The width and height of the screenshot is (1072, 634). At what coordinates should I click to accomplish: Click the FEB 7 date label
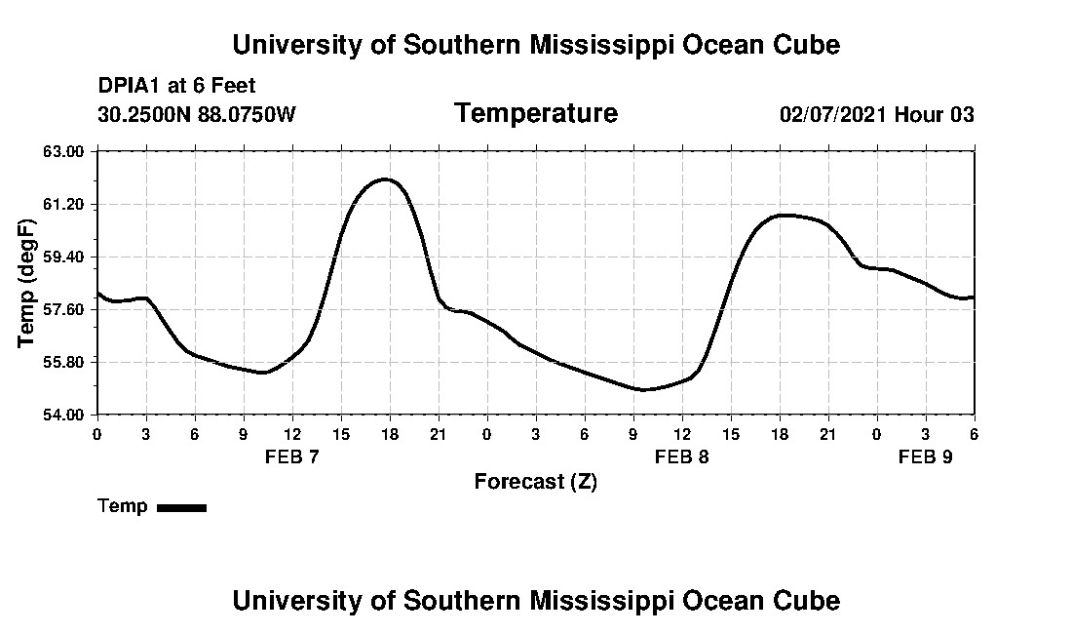point(292,456)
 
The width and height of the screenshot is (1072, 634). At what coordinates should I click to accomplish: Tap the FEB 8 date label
point(682,456)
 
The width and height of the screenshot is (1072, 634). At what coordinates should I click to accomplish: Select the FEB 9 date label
point(926,456)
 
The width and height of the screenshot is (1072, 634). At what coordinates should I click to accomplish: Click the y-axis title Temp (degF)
point(27,283)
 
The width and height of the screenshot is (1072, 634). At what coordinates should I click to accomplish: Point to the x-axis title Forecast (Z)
point(535,482)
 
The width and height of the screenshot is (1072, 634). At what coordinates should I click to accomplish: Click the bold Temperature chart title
point(535,113)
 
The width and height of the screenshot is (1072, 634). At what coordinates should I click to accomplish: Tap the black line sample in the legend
point(181,507)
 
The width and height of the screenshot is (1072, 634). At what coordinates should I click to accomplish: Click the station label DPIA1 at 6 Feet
point(176,86)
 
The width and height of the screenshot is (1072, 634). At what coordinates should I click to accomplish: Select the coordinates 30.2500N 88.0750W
point(197,114)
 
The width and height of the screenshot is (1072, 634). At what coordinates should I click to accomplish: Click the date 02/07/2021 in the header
point(832,114)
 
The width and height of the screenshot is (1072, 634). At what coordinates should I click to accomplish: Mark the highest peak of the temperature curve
point(387,179)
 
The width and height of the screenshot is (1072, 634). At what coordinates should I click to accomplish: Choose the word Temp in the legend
point(123,506)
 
